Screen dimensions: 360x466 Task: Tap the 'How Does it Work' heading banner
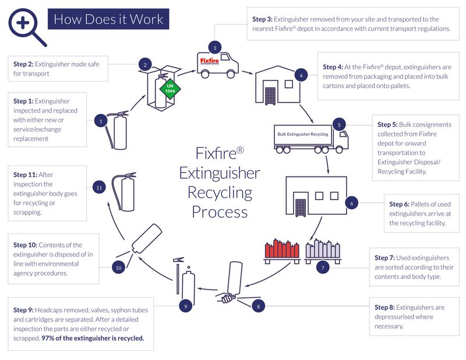coord(108,19)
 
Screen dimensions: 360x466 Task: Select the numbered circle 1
coord(101,121)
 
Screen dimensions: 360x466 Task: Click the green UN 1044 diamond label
coord(171,90)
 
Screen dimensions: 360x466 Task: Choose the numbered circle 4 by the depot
coord(301,75)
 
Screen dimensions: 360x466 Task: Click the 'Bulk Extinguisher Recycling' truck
coord(310,137)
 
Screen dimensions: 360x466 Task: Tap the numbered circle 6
coord(351,203)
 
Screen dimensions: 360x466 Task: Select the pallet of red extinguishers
coord(281,249)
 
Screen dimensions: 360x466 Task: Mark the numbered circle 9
coord(185,306)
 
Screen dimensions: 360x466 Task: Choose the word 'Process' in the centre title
coord(219,211)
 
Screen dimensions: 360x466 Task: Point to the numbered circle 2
coord(145,65)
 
